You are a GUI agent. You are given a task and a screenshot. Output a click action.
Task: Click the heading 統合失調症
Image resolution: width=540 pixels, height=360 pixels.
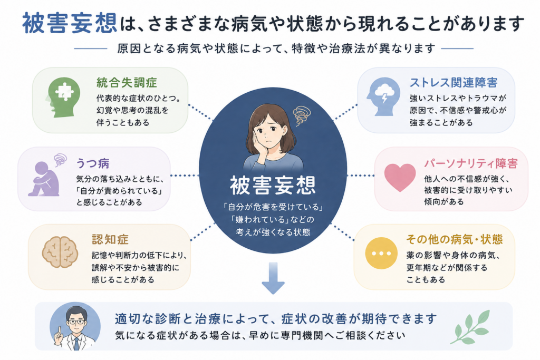pos(127,83)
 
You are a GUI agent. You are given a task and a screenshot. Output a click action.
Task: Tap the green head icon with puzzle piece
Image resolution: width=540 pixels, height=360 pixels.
pos(64,96)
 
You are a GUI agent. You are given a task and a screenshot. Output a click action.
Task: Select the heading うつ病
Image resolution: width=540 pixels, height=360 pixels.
pos(92,163)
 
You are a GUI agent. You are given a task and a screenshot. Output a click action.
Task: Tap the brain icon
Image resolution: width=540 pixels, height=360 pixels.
pos(60,252)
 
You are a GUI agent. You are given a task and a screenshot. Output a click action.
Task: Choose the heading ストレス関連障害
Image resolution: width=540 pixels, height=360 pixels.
pos(453,83)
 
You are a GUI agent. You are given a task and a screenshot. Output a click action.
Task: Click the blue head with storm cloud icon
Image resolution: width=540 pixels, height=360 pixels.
pos(383,96)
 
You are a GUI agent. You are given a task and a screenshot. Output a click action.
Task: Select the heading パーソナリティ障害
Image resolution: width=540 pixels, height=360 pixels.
pos(471,163)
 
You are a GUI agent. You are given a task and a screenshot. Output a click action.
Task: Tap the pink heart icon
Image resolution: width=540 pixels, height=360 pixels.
pos(400,177)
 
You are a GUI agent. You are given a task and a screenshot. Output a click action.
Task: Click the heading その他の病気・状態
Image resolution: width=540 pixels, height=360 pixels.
pos(454,239)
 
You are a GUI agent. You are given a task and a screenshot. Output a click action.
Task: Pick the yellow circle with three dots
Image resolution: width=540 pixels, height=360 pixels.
pos(381,254)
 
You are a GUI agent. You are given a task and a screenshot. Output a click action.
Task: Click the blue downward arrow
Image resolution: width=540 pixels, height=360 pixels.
pos(273,278)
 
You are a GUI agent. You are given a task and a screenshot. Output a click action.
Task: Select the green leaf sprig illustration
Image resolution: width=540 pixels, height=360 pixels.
pos(470,327)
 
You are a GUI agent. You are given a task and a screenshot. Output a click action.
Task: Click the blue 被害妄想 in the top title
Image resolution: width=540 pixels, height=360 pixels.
pos(70,23)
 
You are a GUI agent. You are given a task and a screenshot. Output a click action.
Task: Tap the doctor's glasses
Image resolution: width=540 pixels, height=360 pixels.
pos(76,322)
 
